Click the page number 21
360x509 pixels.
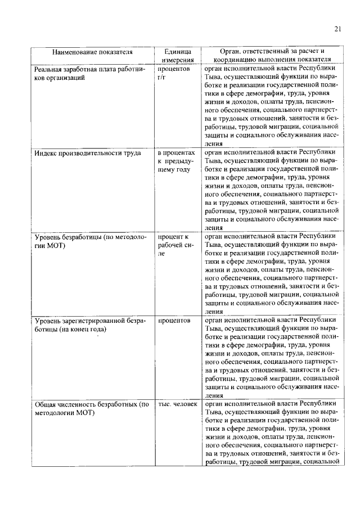click(338, 30)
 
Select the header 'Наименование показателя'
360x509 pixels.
click(92, 52)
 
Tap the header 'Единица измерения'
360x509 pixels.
click(178, 55)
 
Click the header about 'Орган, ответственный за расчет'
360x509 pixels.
click(272, 55)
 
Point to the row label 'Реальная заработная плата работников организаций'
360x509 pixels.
click(90, 74)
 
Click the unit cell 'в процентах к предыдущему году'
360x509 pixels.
click(176, 161)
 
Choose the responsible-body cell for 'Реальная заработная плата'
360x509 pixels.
click(272, 106)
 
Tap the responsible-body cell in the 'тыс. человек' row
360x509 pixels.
click(272, 433)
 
